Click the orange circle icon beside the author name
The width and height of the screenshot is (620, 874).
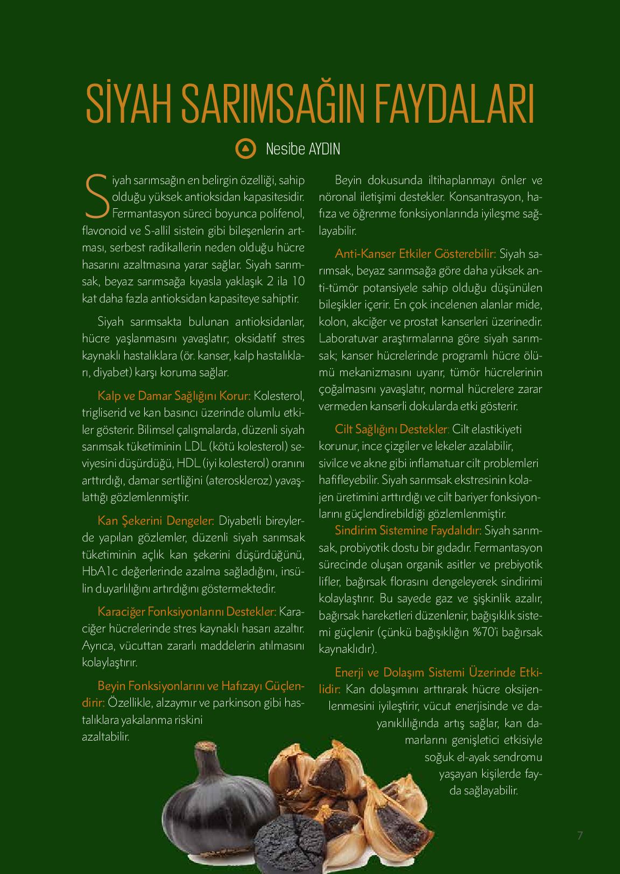(245, 149)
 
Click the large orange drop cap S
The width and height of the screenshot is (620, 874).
(95, 197)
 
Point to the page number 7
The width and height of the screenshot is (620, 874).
(580, 835)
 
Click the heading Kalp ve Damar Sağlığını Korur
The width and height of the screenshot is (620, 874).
(174, 396)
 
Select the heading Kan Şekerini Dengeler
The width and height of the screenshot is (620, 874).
(156, 521)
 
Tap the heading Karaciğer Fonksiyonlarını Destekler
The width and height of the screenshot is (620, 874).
(187, 612)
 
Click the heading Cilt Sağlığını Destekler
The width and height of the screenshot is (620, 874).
(392, 429)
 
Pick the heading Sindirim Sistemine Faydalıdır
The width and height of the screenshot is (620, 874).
(408, 531)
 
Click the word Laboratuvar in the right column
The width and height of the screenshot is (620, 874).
(349, 339)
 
